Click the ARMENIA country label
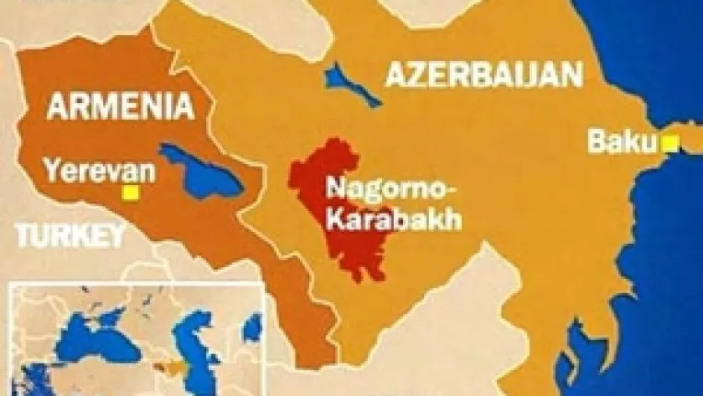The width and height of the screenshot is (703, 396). click(121, 108)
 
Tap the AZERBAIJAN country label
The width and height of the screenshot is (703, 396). click(484, 76)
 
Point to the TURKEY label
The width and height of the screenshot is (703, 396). click(70, 236)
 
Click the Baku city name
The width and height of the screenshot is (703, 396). click(623, 143)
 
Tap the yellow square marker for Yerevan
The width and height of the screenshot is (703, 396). click(132, 192)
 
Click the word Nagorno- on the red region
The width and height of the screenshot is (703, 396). click(379, 191)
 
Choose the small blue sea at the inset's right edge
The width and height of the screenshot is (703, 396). click(251, 326)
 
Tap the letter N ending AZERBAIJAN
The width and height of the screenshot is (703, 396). click(572, 76)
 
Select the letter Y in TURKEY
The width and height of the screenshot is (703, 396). click(115, 236)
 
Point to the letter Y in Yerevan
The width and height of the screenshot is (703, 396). click(52, 170)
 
